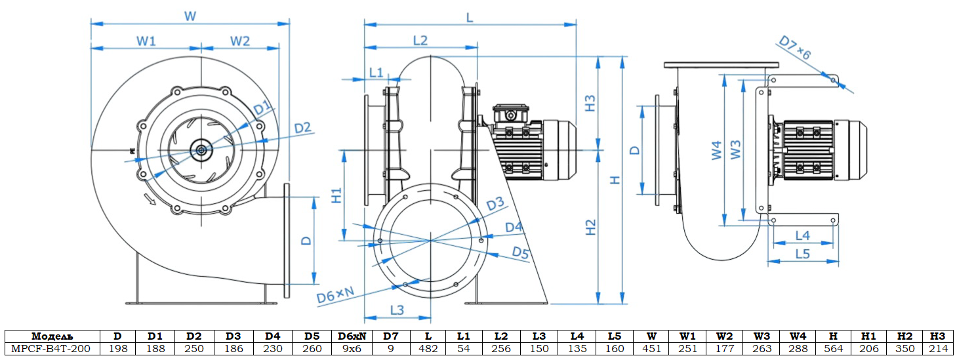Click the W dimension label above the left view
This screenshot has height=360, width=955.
(x=190, y=16)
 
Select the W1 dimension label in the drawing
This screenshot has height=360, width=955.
(x=146, y=41)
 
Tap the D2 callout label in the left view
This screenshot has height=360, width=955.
(x=302, y=128)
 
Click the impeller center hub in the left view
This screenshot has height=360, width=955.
(x=200, y=150)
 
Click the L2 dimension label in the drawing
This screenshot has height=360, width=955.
(x=420, y=40)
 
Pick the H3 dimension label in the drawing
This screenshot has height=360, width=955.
(x=590, y=102)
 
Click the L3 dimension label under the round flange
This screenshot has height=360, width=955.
(x=397, y=309)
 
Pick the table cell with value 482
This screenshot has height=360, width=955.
(x=428, y=349)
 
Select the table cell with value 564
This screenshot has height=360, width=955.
(x=834, y=349)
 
